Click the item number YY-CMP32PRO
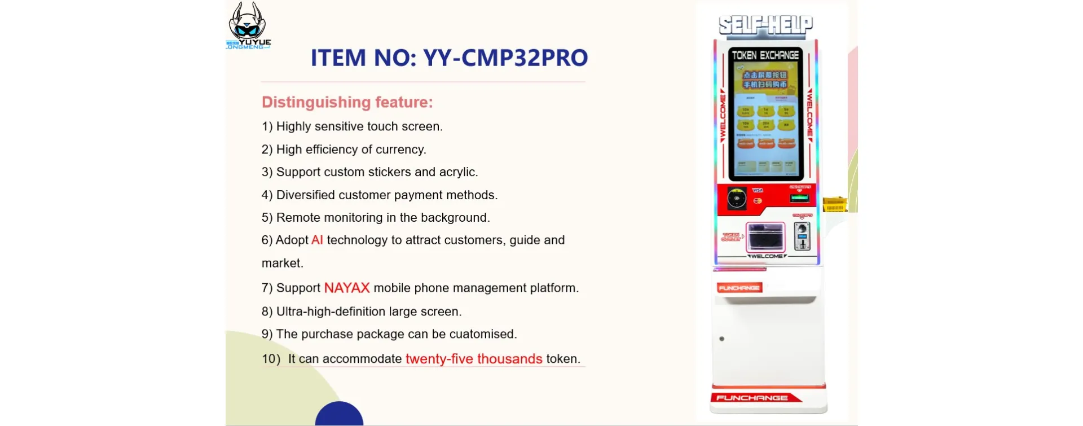click(x=505, y=58)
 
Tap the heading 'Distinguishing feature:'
click(x=347, y=102)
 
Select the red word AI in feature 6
click(x=317, y=240)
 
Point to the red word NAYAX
click(x=346, y=288)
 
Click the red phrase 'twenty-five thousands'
click(x=473, y=359)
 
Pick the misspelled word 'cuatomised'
click(x=483, y=334)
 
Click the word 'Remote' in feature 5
click(x=298, y=218)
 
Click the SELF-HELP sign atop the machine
click(x=765, y=25)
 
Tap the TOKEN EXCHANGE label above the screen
click(x=765, y=55)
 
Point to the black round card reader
click(x=736, y=199)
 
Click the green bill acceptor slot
click(x=799, y=198)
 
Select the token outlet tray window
click(x=765, y=236)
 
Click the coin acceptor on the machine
click(x=802, y=236)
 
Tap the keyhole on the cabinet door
click(x=721, y=339)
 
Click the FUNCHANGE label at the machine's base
click(x=752, y=398)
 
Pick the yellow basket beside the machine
click(x=834, y=204)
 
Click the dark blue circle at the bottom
click(x=339, y=415)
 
